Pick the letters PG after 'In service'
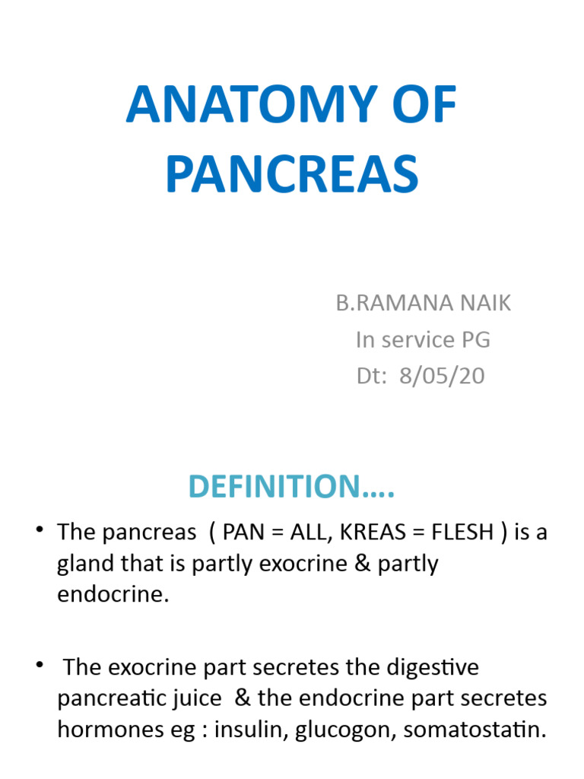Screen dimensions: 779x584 pos(473,339)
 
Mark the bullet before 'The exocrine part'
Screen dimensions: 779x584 pos(39,666)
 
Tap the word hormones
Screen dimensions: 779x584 pos(103,730)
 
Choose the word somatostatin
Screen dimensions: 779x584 pos(474,730)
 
